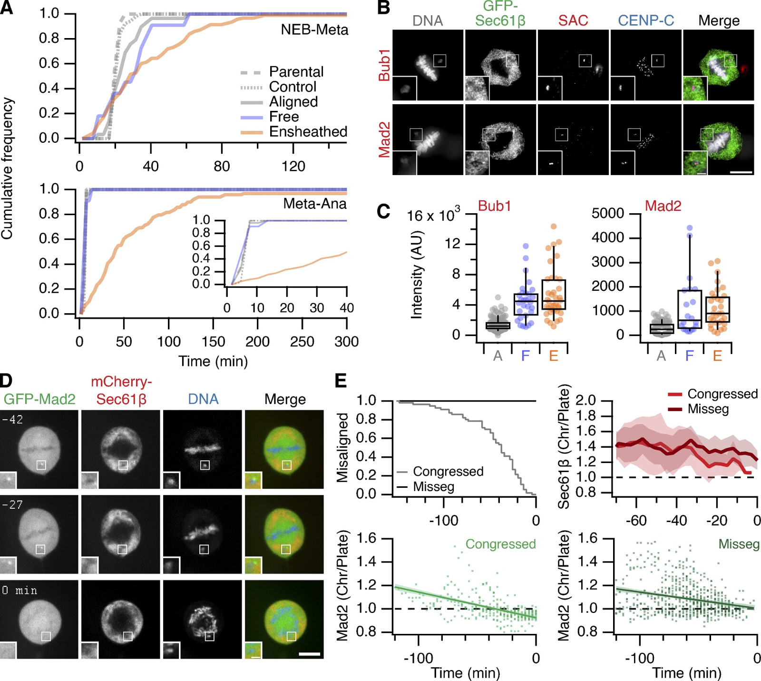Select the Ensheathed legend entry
308,132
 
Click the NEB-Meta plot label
314,30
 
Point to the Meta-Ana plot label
314,204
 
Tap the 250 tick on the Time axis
302,342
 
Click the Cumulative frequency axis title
8,168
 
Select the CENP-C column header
646,20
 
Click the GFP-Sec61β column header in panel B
500,14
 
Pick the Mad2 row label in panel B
384,139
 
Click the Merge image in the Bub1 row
718,65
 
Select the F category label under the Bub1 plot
526,355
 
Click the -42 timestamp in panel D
12,419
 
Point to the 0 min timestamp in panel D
20,591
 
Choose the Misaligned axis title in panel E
342,447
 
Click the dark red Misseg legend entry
708,409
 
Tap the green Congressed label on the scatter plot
500,544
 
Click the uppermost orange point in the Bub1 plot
554,227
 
